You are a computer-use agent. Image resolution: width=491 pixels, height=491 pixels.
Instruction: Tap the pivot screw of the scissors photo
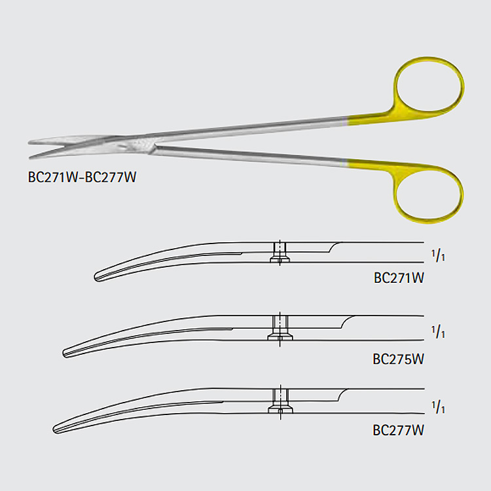[x=137, y=145]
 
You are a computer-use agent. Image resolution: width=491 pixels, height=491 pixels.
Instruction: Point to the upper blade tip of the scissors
[x=29, y=143]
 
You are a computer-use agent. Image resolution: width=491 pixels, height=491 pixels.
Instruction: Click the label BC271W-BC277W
[x=82, y=177]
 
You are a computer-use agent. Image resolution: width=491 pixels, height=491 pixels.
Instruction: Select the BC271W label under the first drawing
[x=399, y=278]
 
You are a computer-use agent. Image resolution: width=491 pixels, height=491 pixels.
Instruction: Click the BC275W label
[x=398, y=359]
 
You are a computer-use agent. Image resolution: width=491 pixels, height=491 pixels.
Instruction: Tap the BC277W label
[x=398, y=430]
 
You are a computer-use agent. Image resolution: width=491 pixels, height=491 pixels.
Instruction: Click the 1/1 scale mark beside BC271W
[x=438, y=256]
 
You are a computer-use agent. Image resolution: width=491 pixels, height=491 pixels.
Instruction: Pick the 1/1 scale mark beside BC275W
[x=438, y=332]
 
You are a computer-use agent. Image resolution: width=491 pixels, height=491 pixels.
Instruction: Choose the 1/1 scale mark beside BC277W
[x=438, y=407]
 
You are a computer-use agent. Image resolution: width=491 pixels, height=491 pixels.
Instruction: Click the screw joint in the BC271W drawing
[x=280, y=253]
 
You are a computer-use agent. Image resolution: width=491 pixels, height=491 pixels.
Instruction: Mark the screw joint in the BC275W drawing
[x=280, y=328]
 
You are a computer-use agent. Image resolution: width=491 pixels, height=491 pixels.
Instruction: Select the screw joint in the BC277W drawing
[x=281, y=402]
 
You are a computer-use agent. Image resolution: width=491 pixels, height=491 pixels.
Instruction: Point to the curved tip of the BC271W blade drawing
[x=95, y=277]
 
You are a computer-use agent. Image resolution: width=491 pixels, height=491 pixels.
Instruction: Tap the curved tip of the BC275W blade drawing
[x=64, y=353]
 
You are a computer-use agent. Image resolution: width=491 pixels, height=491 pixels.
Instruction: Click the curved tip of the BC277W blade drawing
[x=54, y=429]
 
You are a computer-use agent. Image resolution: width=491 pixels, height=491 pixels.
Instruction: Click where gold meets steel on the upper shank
[x=348, y=121]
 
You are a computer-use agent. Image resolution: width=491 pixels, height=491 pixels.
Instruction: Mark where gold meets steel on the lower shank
[x=348, y=163]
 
